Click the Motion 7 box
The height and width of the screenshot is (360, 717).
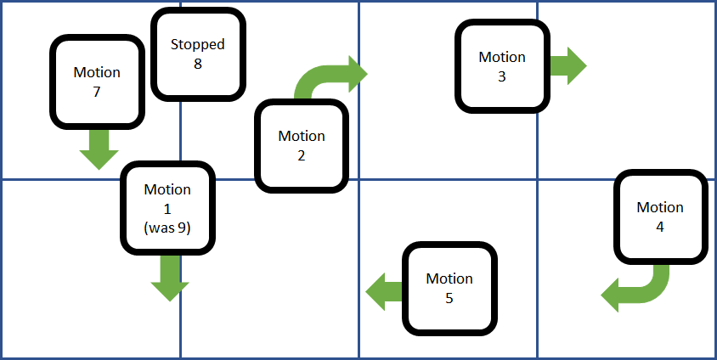(96, 82)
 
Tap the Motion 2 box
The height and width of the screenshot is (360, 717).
(302, 145)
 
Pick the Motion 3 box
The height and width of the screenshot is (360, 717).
(501, 66)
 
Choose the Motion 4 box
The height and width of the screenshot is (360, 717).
(660, 217)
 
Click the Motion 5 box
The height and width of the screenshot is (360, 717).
(449, 288)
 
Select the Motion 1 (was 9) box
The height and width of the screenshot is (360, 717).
(168, 208)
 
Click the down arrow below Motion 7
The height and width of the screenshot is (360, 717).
(99, 149)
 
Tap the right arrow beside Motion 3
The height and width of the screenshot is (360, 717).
(567, 65)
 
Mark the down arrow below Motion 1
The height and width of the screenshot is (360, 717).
(169, 278)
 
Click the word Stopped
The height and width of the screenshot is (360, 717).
(197, 44)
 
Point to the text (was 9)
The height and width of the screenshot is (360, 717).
(168, 228)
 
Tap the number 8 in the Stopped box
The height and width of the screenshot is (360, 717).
(197, 63)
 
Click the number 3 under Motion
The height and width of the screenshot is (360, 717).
(501, 76)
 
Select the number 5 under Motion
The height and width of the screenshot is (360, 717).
(449, 298)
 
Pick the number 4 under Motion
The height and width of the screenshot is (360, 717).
(660, 227)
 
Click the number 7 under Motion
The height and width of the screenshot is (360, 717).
(96, 92)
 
